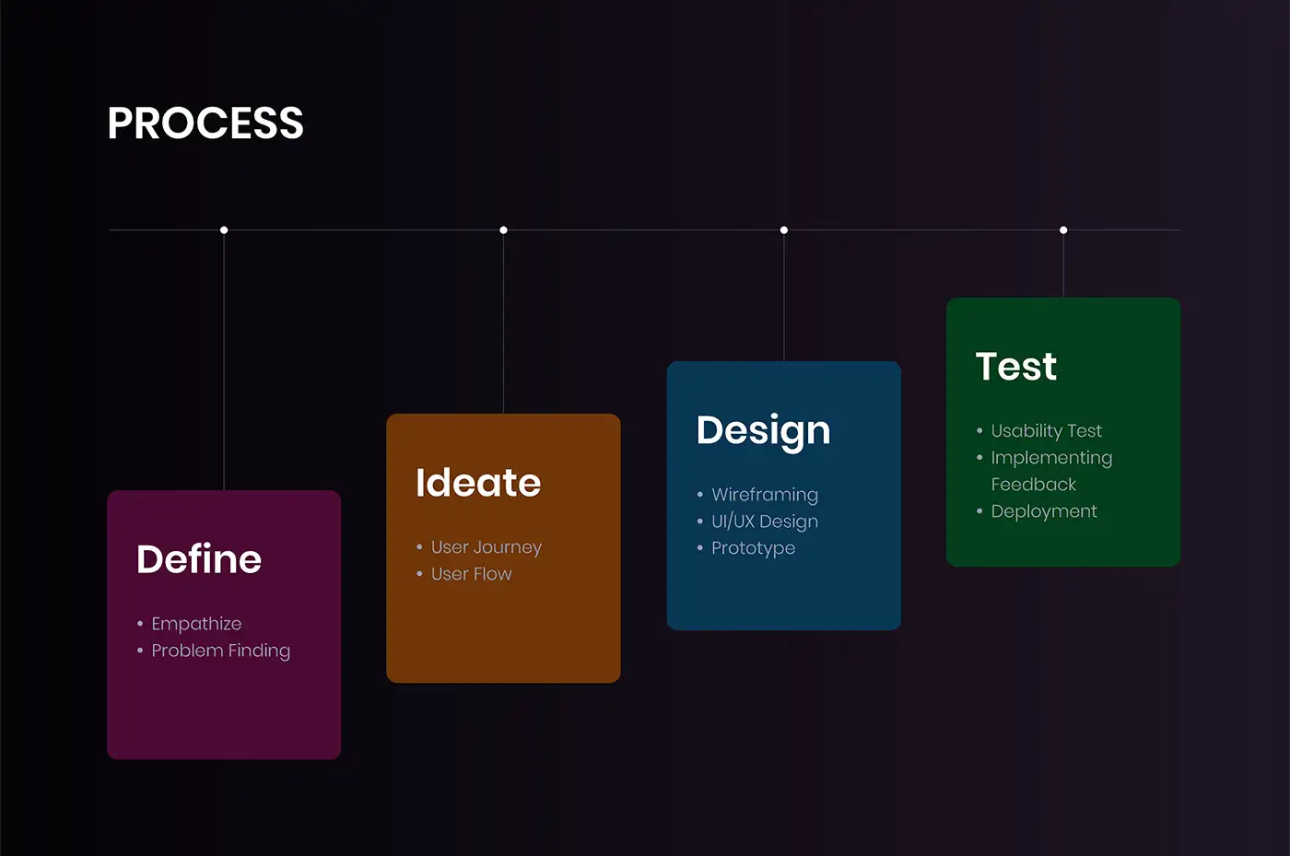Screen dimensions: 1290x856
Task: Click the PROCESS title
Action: pyautogui.click(x=205, y=123)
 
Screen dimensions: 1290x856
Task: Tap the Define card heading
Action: pyautogui.click(x=199, y=558)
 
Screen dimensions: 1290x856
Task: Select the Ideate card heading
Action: pyautogui.click(x=478, y=482)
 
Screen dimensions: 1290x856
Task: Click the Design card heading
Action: pyautogui.click(x=764, y=432)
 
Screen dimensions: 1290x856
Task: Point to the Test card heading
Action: pyautogui.click(x=1016, y=366)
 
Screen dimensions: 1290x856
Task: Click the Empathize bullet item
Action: pyautogui.click(x=196, y=624)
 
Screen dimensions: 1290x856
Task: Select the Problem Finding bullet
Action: pyautogui.click(x=221, y=651)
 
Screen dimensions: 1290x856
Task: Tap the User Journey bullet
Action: pyautogui.click(x=487, y=547)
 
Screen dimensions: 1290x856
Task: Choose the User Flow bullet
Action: pyautogui.click(x=472, y=574)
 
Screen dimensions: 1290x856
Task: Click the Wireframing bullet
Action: pyautogui.click(x=765, y=495)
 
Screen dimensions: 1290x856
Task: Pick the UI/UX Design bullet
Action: pyautogui.click(x=765, y=522)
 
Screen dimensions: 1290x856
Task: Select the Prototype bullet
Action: pyautogui.click(x=754, y=548)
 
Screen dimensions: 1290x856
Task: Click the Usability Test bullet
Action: pyautogui.click(x=1047, y=431)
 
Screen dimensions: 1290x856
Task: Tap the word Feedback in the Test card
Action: pyautogui.click(x=1034, y=485)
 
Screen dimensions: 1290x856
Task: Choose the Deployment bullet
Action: pyautogui.click(x=1044, y=511)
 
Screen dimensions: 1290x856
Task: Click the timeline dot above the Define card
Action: pyautogui.click(x=224, y=230)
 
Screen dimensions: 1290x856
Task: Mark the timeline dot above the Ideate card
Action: pyautogui.click(x=503, y=230)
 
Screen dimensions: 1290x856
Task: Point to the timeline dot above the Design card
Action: pyautogui.click(x=784, y=230)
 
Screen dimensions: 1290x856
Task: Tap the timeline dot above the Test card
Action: pyautogui.click(x=1063, y=230)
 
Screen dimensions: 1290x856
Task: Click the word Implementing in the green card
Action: pyautogui.click(x=1051, y=458)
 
